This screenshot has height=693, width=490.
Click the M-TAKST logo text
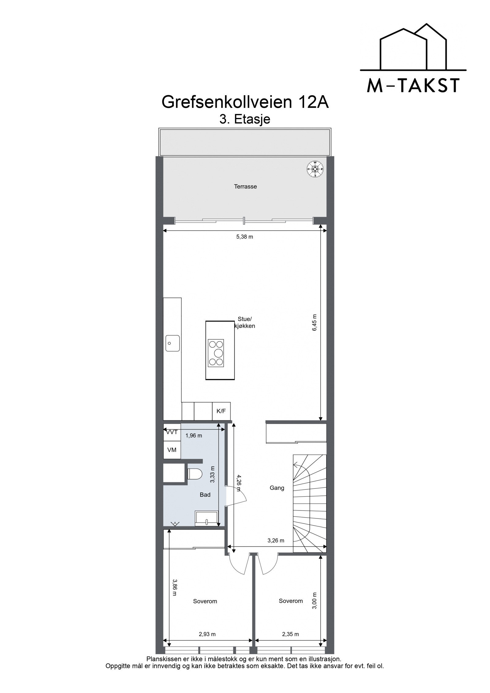pyautogui.click(x=413, y=85)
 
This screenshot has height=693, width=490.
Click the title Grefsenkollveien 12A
pyautogui.click(x=245, y=102)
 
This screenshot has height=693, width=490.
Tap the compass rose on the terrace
pyautogui.click(x=315, y=168)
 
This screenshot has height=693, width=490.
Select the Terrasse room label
pyautogui.click(x=245, y=186)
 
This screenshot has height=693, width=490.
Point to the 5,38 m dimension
pyautogui.click(x=244, y=237)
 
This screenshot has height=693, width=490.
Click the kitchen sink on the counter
pyautogui.click(x=172, y=343)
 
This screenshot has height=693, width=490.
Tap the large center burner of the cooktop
pyautogui.click(x=218, y=353)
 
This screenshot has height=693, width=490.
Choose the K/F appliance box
pyautogui.click(x=221, y=411)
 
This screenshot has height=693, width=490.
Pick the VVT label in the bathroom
pyautogui.click(x=172, y=432)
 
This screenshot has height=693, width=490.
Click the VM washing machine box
pyautogui.click(x=172, y=450)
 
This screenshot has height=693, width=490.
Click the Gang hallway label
pyautogui.click(x=277, y=488)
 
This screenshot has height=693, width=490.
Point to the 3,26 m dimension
pyautogui.click(x=276, y=540)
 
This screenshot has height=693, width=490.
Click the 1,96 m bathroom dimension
pyautogui.click(x=194, y=435)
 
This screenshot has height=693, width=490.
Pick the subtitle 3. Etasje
pyautogui.click(x=245, y=119)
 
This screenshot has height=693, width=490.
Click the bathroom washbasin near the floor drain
pyautogui.click(x=206, y=518)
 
